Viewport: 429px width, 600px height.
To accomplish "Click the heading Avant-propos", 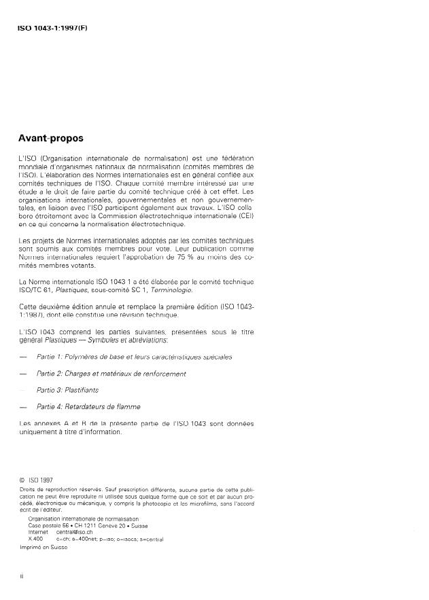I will point(51,138).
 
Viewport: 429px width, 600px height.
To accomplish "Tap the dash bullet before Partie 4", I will point(24,407).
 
